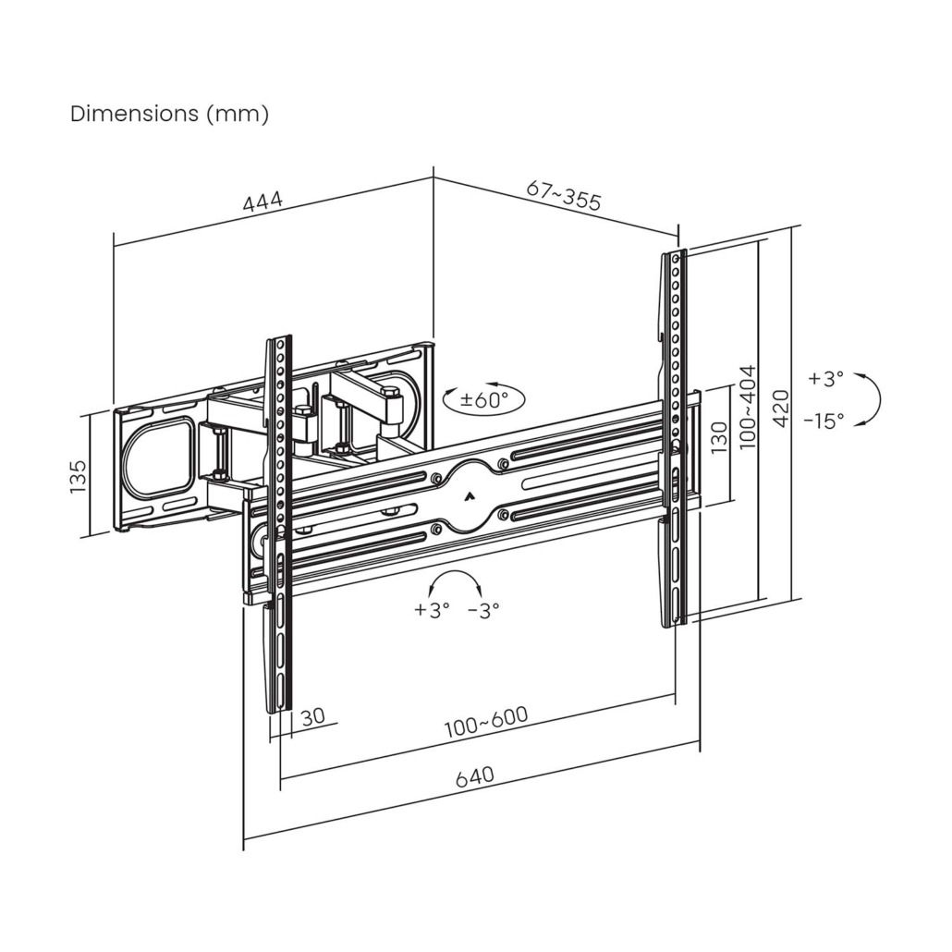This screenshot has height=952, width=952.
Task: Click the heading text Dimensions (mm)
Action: coord(169,114)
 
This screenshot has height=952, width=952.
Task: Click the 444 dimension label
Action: coord(262,201)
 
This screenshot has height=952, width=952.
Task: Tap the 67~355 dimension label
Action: coord(564,194)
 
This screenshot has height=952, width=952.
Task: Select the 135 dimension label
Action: coord(79,477)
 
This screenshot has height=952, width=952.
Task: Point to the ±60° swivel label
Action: coord(483,399)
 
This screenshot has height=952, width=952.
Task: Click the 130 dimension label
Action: coord(718,437)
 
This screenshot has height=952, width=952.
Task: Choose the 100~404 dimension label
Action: coord(748,407)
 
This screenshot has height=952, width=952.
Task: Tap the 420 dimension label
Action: coord(781,408)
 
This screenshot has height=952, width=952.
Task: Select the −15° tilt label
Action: coord(824,421)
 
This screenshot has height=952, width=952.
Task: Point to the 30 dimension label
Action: coord(313,716)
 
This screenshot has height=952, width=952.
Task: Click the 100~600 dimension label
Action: coord(486,722)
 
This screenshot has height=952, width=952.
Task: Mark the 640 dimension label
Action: coord(475,776)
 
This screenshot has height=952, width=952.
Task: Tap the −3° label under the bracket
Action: coord(483,610)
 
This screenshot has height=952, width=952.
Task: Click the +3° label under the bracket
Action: coord(433,610)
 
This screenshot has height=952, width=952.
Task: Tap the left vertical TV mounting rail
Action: coord(279,525)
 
